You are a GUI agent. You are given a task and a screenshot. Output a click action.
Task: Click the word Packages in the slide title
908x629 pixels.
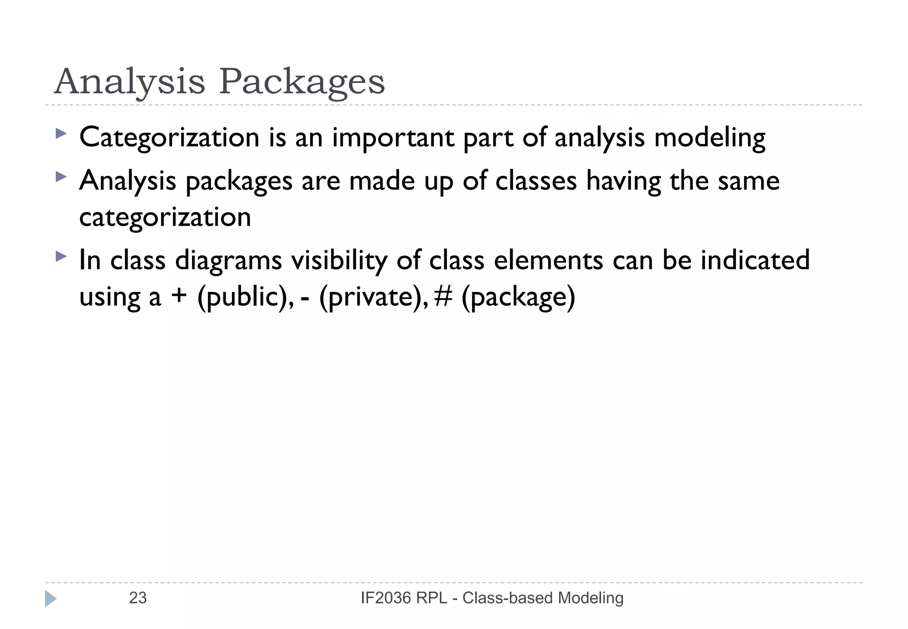pos(302,82)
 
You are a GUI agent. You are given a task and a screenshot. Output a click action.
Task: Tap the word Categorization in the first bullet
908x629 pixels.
pos(169,138)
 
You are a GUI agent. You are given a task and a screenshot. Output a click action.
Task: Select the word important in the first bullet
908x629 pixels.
pos(393,138)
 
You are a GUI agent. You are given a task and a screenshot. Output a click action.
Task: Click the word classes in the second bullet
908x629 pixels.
pos(536,181)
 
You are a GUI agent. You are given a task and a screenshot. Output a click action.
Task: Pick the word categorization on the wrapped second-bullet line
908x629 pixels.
pos(165,217)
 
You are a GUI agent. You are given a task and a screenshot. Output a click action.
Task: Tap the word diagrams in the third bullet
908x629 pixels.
pos(228,260)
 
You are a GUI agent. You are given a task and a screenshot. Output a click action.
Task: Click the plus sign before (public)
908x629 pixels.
pos(179,296)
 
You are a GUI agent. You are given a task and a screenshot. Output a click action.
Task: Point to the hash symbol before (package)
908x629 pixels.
pos(443,296)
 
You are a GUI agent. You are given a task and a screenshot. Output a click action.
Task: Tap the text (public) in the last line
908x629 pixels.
pos(245,297)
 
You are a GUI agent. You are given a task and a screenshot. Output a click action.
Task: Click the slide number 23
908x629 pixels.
pos(137,598)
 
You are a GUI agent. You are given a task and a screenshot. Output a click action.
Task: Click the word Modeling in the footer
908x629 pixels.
pos(591,598)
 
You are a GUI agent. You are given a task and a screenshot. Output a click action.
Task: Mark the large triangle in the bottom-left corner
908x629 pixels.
pos(51,599)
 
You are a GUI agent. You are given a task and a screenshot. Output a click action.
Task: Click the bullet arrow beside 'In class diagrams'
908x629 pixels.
pos(61,256)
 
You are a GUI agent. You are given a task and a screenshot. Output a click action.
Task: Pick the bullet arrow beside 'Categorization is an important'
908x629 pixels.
pos(61,134)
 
